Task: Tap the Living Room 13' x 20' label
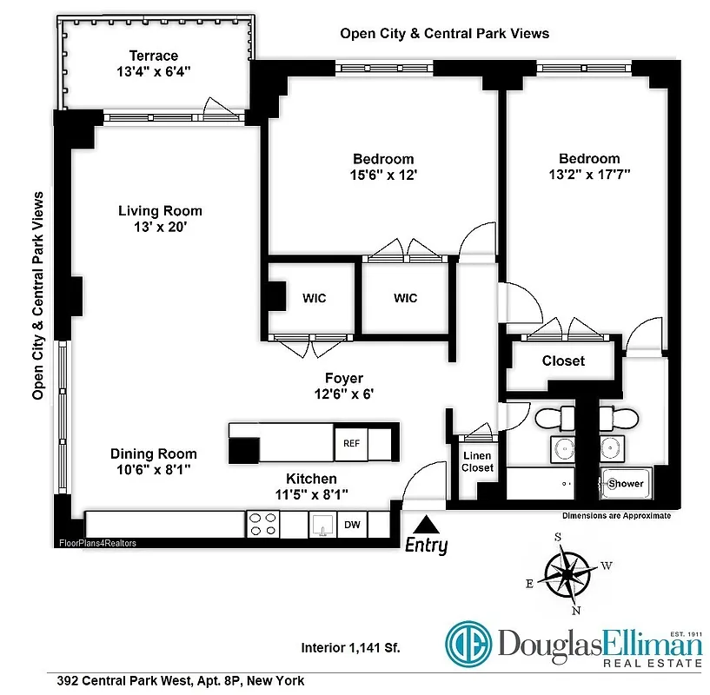click(x=160, y=218)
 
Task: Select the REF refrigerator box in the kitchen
click(x=351, y=443)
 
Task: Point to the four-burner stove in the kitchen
click(x=264, y=524)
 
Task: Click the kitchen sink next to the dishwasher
click(x=322, y=525)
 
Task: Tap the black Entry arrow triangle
click(x=426, y=525)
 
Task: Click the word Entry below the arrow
click(x=426, y=546)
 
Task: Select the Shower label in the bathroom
click(x=626, y=484)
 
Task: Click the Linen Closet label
click(x=477, y=461)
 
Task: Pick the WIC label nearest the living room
click(x=315, y=298)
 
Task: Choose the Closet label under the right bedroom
click(x=563, y=361)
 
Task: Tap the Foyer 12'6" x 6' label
click(x=344, y=385)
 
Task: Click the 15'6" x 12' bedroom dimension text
click(x=383, y=174)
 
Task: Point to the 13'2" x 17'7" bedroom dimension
click(x=589, y=174)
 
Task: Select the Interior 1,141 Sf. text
click(x=351, y=647)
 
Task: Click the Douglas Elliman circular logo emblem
click(x=469, y=644)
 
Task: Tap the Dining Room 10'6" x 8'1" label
click(x=153, y=461)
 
